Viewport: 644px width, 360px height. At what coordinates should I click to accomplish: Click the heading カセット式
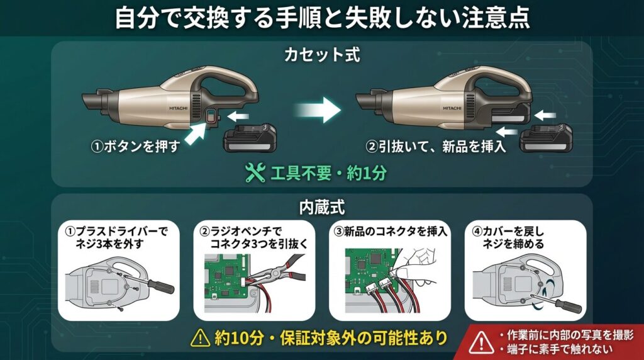coord(322,55)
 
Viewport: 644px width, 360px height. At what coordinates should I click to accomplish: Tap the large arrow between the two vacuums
coord(318,110)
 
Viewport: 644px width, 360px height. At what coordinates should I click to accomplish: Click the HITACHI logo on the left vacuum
coord(178,108)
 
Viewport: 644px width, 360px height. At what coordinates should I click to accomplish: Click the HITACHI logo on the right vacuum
coord(452,108)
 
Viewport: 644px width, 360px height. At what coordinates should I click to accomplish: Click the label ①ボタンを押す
coord(136,146)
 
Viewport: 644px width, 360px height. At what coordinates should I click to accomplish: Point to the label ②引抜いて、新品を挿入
coord(436,146)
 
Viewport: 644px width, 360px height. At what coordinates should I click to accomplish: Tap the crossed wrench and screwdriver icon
coord(255,173)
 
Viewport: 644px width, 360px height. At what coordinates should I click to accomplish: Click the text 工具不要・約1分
coord(328,174)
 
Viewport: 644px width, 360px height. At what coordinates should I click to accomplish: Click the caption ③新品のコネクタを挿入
coord(391,232)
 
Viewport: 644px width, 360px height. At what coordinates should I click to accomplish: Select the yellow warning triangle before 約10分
coord(201,338)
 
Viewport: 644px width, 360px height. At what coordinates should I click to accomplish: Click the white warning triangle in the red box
coord(481,342)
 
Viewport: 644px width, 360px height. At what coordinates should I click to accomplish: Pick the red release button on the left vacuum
coord(210,117)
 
